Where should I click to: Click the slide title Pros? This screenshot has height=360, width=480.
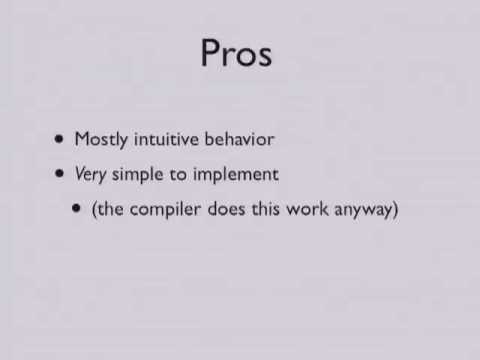[236, 53]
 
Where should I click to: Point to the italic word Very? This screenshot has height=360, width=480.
[90, 175]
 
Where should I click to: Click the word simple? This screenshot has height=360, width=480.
[135, 175]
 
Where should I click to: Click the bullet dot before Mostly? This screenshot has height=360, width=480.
[62, 140]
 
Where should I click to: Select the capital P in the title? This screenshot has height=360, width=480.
[212, 53]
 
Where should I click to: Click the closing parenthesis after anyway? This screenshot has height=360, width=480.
[395, 211]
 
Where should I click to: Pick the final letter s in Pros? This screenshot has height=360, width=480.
[264, 55]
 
